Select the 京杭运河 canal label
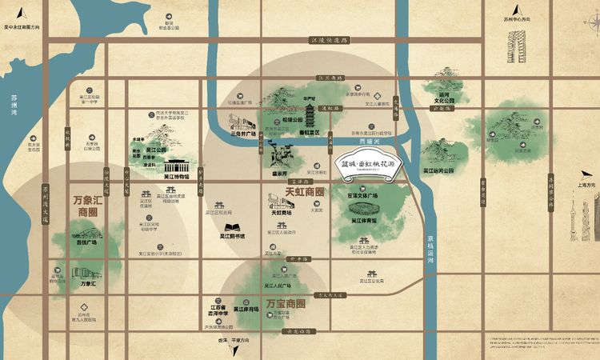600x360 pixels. (x=430, y=249)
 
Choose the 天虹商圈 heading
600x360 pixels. (x=305, y=193)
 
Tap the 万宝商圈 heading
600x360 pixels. (x=286, y=304)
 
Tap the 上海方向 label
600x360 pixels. (x=582, y=185)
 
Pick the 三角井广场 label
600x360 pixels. (x=242, y=134)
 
